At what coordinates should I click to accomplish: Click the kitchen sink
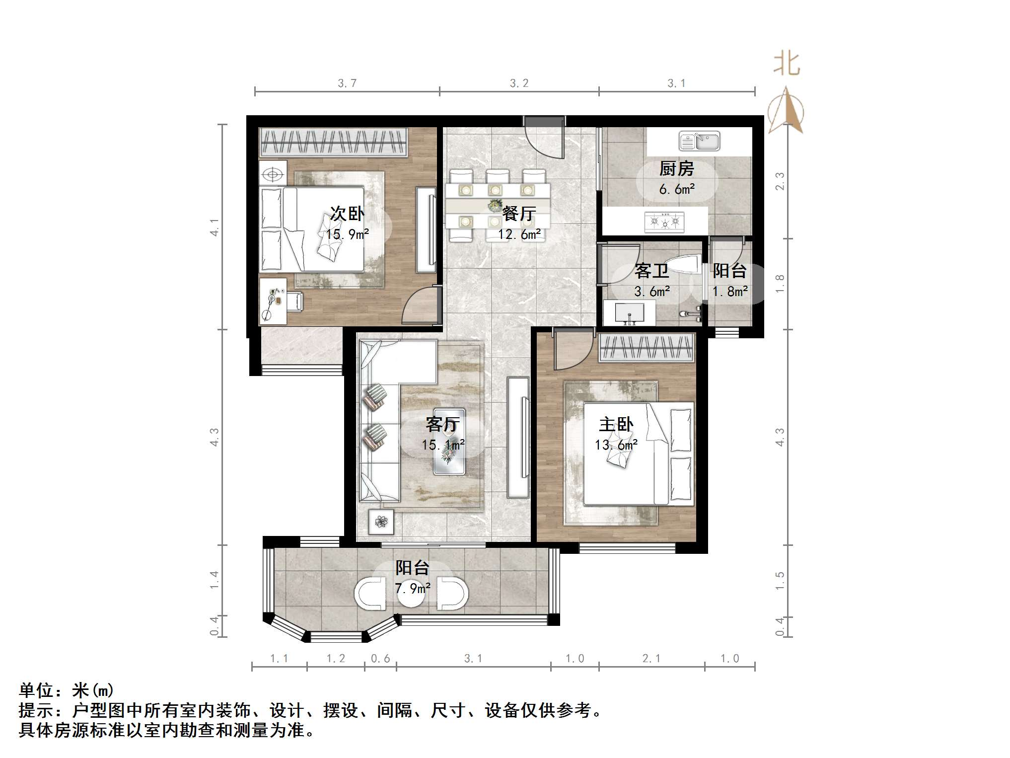click(x=699, y=141)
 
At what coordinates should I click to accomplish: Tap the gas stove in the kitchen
click(x=664, y=222)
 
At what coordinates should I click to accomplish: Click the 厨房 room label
click(x=676, y=169)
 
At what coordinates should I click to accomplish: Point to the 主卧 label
click(x=616, y=425)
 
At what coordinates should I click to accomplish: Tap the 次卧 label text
click(x=347, y=214)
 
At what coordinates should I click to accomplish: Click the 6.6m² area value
click(x=676, y=189)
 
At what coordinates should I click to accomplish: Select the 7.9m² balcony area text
click(x=412, y=589)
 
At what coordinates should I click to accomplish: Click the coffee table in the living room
click(x=449, y=442)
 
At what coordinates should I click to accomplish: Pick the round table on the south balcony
click(x=411, y=594)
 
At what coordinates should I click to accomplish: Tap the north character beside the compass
click(x=787, y=65)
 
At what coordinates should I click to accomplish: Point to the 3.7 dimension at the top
click(x=347, y=83)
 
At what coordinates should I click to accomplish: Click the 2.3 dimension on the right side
click(x=780, y=181)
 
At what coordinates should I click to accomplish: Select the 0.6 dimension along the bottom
click(x=380, y=659)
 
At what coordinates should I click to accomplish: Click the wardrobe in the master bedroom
click(x=646, y=347)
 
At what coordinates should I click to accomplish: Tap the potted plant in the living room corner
click(x=381, y=522)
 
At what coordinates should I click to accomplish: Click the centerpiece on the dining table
click(x=495, y=206)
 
